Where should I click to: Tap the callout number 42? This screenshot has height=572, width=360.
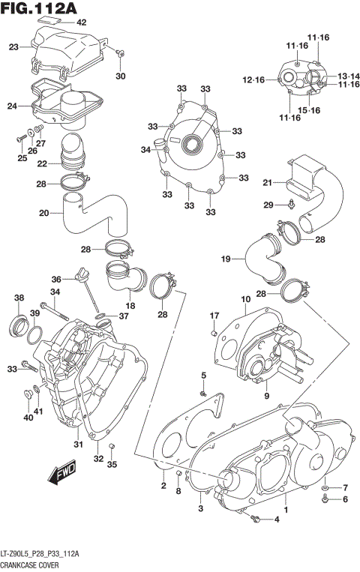click(x=81, y=22)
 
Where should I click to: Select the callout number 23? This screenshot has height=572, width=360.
click(x=13, y=47)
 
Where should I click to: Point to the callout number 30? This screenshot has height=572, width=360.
click(x=121, y=76)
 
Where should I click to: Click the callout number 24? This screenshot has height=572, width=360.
click(x=11, y=106)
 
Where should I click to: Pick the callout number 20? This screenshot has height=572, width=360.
click(x=43, y=213)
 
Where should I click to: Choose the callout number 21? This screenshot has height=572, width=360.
click(x=266, y=182)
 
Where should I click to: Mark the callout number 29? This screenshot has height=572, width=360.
click(x=268, y=205)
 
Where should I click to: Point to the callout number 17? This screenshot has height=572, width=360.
click(x=214, y=315)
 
